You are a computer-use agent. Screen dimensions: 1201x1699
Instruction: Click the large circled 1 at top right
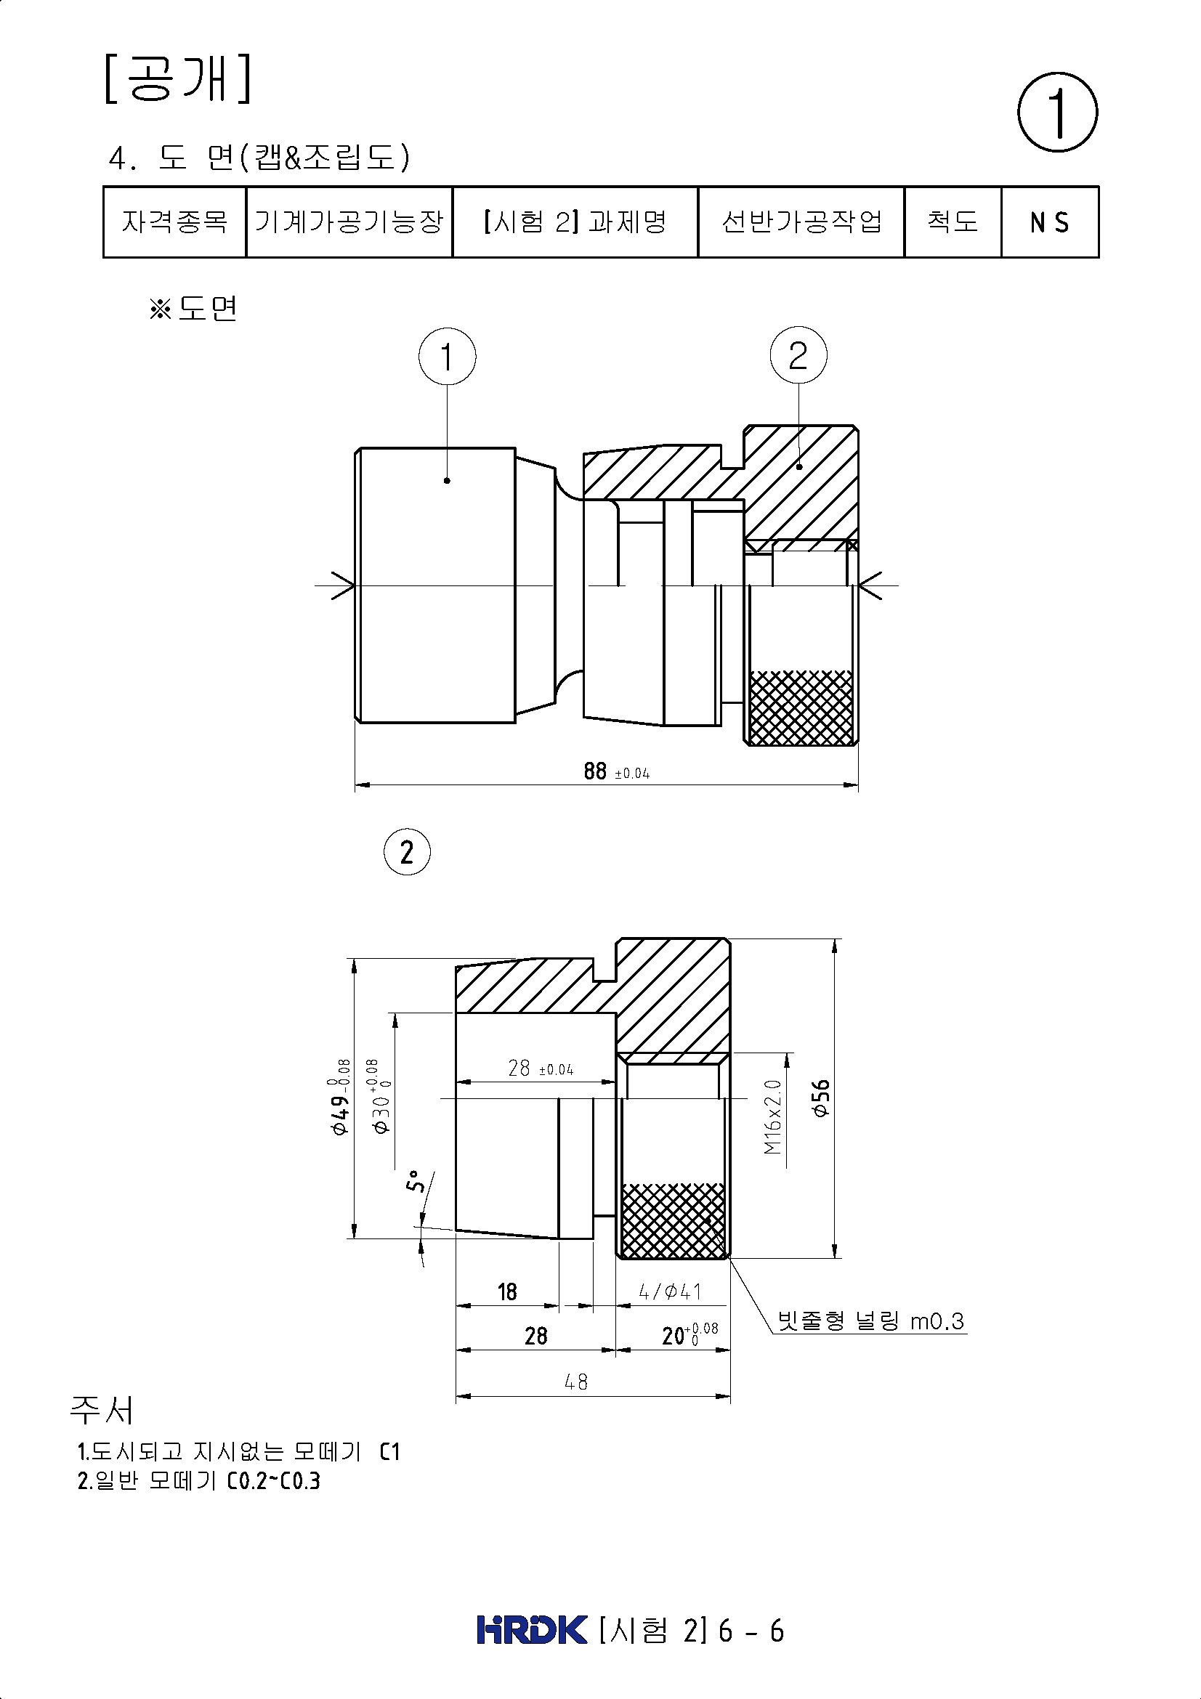(1057, 113)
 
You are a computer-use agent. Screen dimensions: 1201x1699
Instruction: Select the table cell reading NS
(1049, 222)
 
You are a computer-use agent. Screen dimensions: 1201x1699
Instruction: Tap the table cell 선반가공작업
(801, 222)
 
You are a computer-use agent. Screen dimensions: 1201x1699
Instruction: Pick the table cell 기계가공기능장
(349, 222)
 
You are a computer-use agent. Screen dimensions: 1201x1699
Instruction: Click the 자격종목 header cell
(174, 222)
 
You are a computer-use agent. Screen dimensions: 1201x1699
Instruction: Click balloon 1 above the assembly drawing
(447, 357)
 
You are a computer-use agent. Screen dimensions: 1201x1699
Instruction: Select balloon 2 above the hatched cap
(798, 356)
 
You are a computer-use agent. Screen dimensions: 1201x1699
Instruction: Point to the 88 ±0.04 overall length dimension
(616, 771)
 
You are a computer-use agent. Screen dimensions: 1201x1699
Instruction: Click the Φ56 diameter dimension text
(820, 1098)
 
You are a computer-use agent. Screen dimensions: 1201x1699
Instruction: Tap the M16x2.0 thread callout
(772, 1116)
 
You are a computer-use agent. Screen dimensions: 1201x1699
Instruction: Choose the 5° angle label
(416, 1182)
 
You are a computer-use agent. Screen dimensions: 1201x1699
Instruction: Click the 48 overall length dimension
(575, 1382)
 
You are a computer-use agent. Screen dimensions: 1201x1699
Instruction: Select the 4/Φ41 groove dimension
(671, 1292)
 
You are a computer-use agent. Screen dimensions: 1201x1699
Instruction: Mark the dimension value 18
(507, 1292)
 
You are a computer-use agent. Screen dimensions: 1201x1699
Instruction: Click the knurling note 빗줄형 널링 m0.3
(871, 1321)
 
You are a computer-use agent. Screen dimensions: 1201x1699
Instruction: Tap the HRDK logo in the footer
(533, 1629)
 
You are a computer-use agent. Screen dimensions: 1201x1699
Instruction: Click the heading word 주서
(102, 1410)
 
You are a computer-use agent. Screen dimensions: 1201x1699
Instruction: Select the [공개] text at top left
(177, 78)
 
